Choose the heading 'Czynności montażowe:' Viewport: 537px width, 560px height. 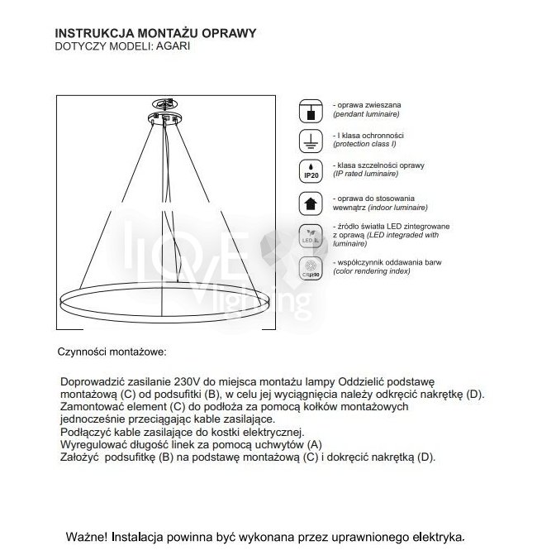112,352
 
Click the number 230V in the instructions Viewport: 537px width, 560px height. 189,382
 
